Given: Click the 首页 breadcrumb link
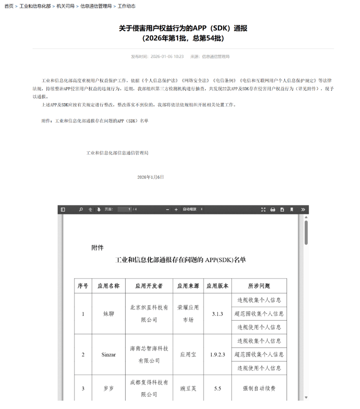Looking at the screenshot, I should [x=9, y=6].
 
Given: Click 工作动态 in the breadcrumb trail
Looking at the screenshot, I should [x=127, y=6].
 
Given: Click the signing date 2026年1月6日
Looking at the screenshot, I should [x=150, y=177].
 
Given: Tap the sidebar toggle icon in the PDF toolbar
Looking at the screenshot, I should [x=63, y=210].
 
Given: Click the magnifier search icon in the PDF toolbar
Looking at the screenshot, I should [x=81, y=210].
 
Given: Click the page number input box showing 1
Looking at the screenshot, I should [x=124, y=210].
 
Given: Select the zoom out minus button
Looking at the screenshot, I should [x=168, y=210].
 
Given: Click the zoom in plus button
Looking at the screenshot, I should [x=176, y=210].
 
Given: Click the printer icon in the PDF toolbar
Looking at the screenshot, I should [x=273, y=210].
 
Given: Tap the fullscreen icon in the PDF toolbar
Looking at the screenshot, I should [x=263, y=210].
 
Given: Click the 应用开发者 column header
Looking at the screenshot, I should [x=149, y=286].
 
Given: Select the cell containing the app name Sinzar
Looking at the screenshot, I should [x=108, y=355].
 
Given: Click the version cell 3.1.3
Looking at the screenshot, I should [x=217, y=314].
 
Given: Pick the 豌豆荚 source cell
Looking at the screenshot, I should [x=188, y=388].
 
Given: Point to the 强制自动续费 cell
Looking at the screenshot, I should [x=259, y=388].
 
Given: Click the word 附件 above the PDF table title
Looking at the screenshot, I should [x=97, y=248].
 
